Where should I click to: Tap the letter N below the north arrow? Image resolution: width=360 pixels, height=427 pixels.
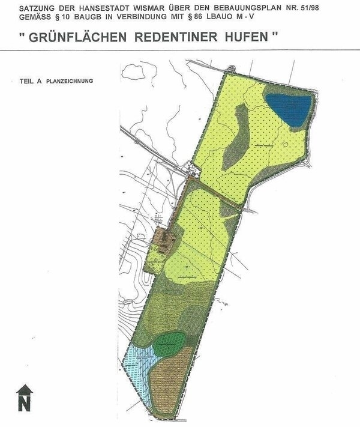point(24,404)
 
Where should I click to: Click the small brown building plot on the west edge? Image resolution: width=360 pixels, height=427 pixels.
point(163,240)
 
